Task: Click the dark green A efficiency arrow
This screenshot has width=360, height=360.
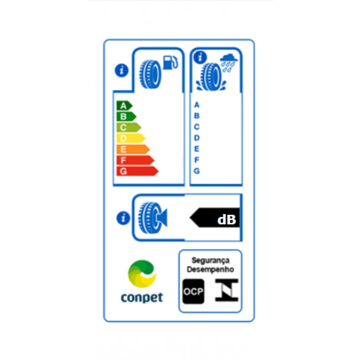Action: click(x=124, y=106)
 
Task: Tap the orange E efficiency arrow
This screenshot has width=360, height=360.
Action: click(x=133, y=149)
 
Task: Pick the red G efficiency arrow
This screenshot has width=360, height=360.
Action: click(x=137, y=171)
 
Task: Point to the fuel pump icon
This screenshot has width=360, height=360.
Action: click(x=170, y=62)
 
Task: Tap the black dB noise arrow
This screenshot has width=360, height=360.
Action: click(x=215, y=218)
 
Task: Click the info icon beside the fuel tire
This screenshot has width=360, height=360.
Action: click(x=121, y=70)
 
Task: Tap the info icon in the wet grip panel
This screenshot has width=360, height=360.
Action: click(x=200, y=57)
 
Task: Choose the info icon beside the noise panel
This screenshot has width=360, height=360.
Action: click(x=123, y=218)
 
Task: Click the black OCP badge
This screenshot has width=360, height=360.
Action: click(x=193, y=291)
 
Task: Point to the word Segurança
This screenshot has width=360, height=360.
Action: click(x=211, y=261)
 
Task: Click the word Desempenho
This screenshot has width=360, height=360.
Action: click(x=210, y=269)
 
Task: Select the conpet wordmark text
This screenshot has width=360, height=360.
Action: click(x=142, y=298)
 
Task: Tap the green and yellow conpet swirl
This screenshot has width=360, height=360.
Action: click(x=142, y=274)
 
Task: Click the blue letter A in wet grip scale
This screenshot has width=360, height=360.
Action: click(x=197, y=105)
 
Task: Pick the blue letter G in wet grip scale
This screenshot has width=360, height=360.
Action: click(x=197, y=171)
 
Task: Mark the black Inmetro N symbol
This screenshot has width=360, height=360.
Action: click(x=227, y=290)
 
